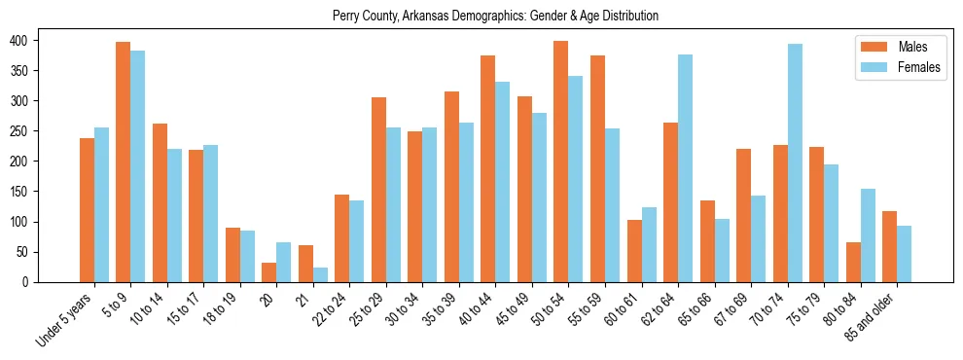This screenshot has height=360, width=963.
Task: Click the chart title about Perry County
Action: click(x=495, y=16)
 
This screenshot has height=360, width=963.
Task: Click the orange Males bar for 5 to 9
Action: click(x=123, y=162)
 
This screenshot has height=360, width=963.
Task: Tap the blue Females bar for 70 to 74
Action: click(x=795, y=163)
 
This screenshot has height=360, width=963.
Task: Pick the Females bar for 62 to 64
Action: click(x=685, y=168)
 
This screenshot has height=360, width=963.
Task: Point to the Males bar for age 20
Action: click(x=268, y=272)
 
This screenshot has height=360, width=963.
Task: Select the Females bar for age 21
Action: click(x=320, y=275)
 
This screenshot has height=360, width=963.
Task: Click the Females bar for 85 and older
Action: click(x=904, y=254)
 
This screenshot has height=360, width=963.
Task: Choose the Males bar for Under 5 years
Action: click(x=87, y=210)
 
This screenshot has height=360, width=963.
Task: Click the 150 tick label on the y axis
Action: click(x=22, y=192)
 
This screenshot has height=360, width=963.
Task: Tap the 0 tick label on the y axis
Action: click(x=29, y=282)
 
